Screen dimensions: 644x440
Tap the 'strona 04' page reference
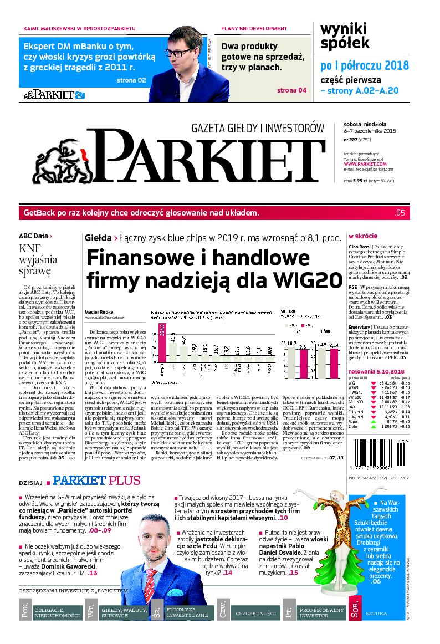291,91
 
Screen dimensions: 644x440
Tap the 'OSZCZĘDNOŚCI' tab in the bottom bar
255,614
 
